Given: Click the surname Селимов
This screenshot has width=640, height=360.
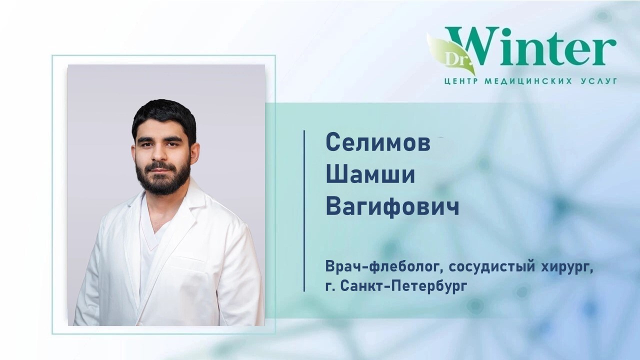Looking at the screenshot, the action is pos(378,143).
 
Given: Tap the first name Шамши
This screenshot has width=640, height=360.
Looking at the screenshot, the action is pos(370,174).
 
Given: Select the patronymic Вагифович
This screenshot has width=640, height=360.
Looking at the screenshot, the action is pos(392,206).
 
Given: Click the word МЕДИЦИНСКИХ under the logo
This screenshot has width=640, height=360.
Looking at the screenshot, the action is pos(528,81).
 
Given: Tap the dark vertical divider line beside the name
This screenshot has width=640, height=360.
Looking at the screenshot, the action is pos(304,211).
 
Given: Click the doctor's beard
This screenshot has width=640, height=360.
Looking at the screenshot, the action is pos(163,177).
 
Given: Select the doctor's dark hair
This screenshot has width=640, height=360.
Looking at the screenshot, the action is pos(164,117).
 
